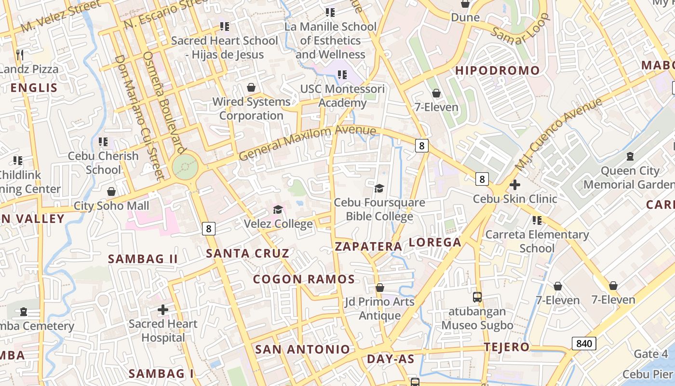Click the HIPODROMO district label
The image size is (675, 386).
click(x=498, y=70)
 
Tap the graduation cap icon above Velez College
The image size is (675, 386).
click(x=278, y=209)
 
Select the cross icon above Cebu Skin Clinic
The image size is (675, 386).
click(x=515, y=184)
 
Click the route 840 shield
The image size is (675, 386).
click(x=584, y=344)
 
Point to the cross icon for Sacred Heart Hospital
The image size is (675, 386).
click(x=163, y=309)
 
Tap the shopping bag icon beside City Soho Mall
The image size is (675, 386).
click(x=111, y=192)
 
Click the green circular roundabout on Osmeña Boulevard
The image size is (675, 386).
click(x=185, y=167)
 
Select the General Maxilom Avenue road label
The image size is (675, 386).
click(x=307, y=143)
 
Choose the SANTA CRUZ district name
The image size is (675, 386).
click(x=248, y=253)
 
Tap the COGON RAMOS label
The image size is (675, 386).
click(x=304, y=279)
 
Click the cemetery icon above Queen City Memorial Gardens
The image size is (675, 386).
click(x=630, y=156)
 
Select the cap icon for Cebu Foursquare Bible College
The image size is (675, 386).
click(x=379, y=188)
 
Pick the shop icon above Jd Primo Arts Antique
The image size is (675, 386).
click(x=380, y=288)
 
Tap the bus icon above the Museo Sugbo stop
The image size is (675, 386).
click(x=477, y=297)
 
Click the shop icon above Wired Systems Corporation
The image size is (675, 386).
click(x=251, y=87)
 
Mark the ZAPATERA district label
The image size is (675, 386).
click(x=368, y=247)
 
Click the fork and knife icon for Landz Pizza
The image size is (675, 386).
click(x=20, y=55)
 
